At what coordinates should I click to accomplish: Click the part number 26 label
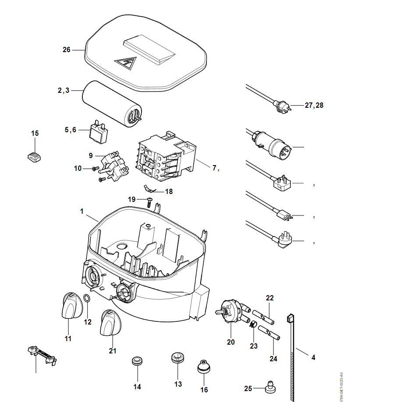coord(67,50)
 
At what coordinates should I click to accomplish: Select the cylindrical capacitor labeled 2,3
coord(112,104)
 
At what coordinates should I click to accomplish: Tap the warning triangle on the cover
coord(126,64)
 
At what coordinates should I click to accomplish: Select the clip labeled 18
coord(150,189)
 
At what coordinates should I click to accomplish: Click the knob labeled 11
coord(70,307)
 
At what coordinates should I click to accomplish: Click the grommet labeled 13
coord(177,357)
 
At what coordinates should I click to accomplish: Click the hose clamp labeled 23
coord(253,325)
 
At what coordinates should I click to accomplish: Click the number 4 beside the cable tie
coord(313,358)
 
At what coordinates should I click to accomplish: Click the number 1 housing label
coord(82,211)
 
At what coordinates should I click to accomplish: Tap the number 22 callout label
coord(269,298)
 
